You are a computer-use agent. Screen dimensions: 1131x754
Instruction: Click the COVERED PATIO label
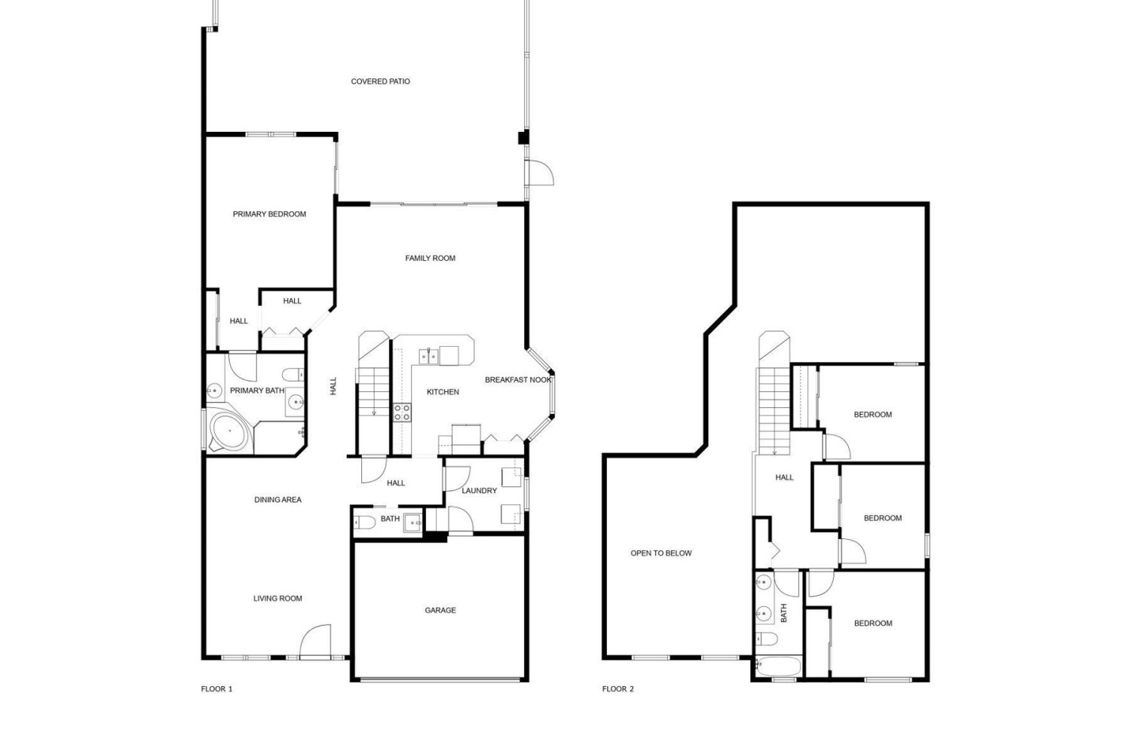[x=380, y=81]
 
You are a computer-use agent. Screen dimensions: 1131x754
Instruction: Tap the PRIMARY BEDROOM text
[x=269, y=214]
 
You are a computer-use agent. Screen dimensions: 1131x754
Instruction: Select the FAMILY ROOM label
[x=431, y=258]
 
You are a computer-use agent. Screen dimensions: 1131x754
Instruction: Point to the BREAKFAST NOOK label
[x=518, y=380]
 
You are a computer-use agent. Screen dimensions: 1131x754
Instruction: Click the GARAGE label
[x=440, y=610]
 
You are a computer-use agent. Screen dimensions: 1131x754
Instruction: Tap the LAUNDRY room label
[x=479, y=490]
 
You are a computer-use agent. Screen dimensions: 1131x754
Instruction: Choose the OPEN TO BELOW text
[x=661, y=553]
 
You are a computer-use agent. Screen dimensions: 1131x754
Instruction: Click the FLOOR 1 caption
[x=216, y=689]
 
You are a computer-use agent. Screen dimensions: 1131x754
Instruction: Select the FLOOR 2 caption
[x=618, y=689]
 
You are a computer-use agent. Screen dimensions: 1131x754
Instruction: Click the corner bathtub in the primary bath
[x=229, y=431]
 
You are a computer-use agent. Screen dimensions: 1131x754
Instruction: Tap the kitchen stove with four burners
[x=402, y=412]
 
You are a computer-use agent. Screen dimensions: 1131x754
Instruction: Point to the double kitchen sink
[x=428, y=356]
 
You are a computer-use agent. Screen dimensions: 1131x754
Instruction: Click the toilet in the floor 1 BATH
[x=364, y=523]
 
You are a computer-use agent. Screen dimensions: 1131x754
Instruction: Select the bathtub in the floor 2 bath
[x=778, y=667]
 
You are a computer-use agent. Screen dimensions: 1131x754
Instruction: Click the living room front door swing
[x=316, y=642]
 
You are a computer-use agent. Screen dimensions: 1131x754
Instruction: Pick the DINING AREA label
[x=277, y=500]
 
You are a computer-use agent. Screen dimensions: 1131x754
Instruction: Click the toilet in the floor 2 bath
[x=766, y=639]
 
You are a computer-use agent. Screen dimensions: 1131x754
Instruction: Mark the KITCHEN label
[x=443, y=392]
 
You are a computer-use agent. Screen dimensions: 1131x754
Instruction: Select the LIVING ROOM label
[x=277, y=599]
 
